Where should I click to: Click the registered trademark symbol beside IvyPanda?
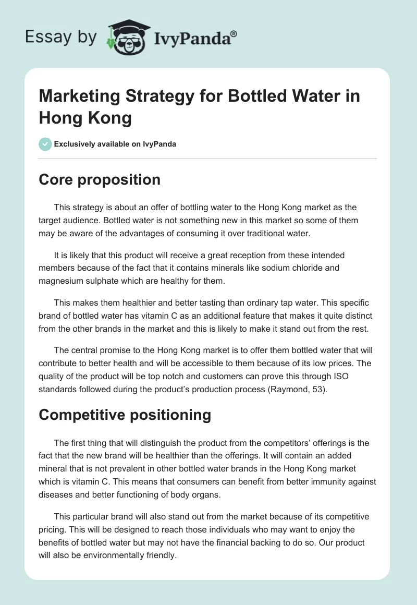pyautogui.click(x=234, y=33)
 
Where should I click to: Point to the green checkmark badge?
pyautogui.click(x=45, y=144)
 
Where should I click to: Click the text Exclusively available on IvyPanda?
pyautogui.click(x=115, y=144)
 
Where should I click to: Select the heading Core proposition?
pyautogui.click(x=100, y=179)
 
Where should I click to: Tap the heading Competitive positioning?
pyautogui.click(x=125, y=415)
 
